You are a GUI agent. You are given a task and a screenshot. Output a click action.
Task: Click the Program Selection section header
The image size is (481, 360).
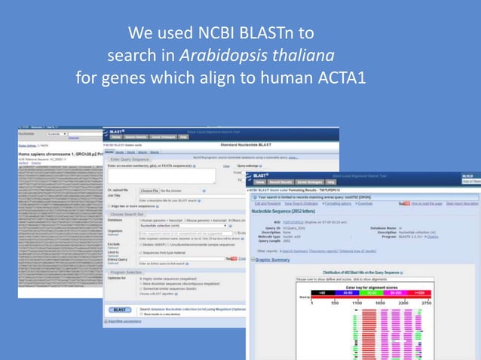[130, 272]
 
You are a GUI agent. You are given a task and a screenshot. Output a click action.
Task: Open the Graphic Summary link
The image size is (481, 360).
[273, 260]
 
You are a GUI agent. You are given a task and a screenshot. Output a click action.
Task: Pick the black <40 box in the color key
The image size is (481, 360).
[322, 291]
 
